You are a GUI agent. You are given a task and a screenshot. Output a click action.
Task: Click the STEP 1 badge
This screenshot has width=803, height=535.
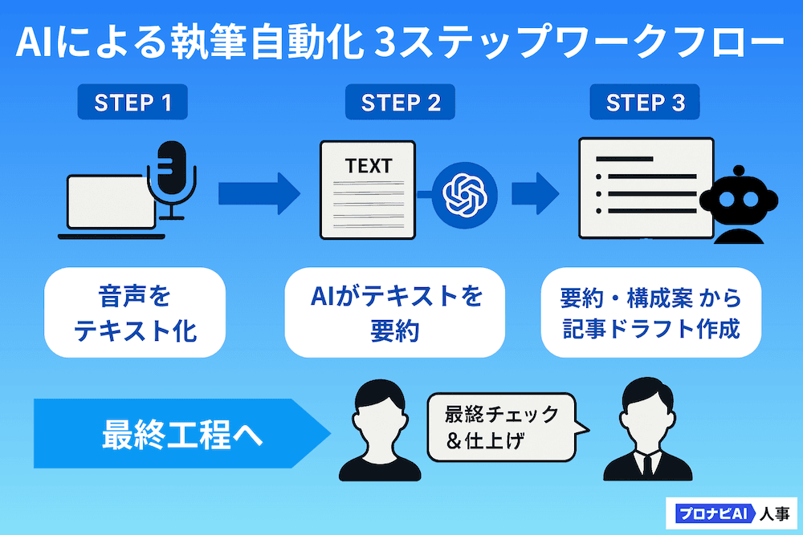[x=133, y=103]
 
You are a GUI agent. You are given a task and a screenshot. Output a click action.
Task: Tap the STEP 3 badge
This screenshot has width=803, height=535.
[x=646, y=103]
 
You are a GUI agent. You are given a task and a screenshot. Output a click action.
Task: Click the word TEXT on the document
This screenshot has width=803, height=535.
[x=369, y=166]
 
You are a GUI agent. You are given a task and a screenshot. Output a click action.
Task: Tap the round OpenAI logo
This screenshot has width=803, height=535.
[x=465, y=193]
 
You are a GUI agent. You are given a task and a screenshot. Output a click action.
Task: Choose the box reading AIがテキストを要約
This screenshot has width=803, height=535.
[x=395, y=313]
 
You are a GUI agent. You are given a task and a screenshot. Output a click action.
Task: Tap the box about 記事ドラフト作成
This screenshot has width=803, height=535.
[x=650, y=313]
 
